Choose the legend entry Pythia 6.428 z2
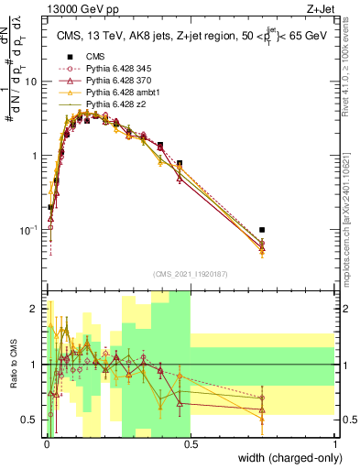119,104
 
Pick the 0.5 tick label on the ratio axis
33,420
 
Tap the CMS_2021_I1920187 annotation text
190,274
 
